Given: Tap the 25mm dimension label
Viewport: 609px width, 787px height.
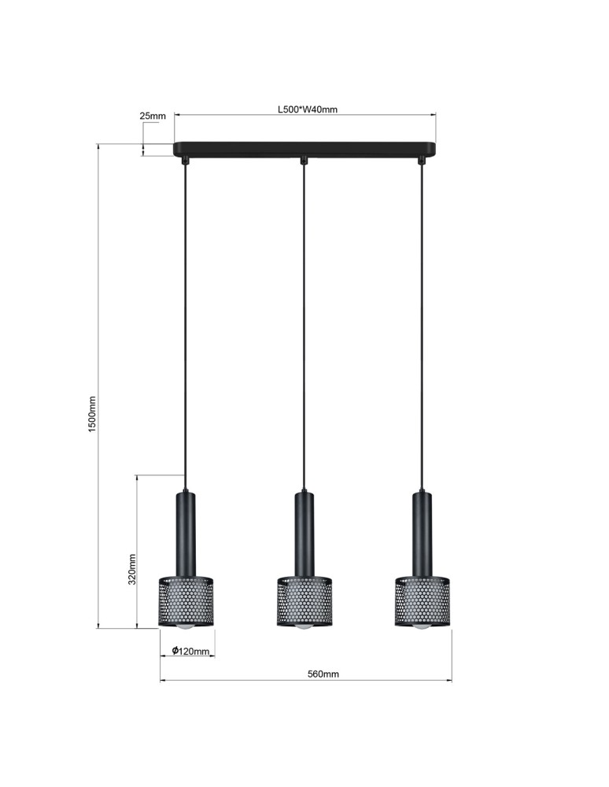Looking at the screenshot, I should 153,116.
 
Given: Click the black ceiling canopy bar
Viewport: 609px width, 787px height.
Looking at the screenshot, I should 304,149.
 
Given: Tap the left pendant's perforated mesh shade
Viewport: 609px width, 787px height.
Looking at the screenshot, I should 186,602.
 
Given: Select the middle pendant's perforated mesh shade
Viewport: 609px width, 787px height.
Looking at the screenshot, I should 304,602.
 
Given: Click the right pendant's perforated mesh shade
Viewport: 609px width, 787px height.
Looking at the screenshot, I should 422,602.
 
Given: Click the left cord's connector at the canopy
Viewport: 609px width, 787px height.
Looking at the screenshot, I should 186,161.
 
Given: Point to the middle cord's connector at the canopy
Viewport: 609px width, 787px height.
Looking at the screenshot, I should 304,161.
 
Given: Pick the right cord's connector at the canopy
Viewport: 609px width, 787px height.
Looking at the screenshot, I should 422,161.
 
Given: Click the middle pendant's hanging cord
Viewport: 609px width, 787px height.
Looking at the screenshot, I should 304,331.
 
